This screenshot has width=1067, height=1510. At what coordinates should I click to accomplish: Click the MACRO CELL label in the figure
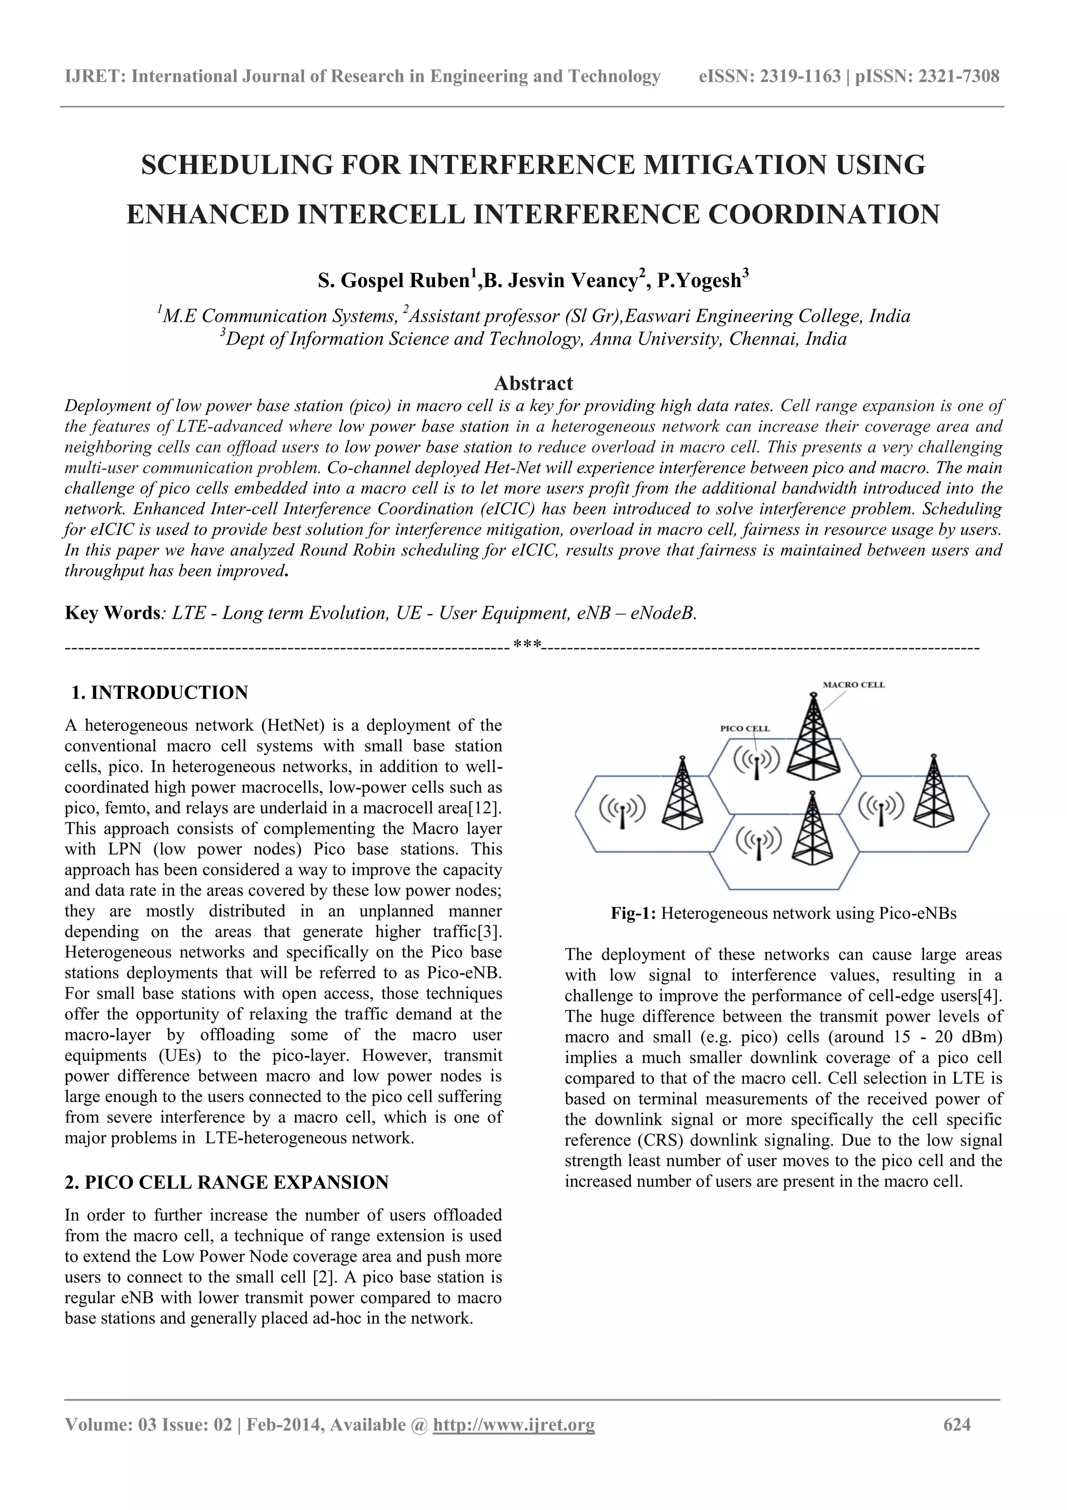(853, 684)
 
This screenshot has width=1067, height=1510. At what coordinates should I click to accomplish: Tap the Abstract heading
(533, 384)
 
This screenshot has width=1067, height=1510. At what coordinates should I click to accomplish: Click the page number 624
(957, 1425)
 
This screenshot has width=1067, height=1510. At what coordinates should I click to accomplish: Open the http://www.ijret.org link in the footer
(514, 1425)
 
